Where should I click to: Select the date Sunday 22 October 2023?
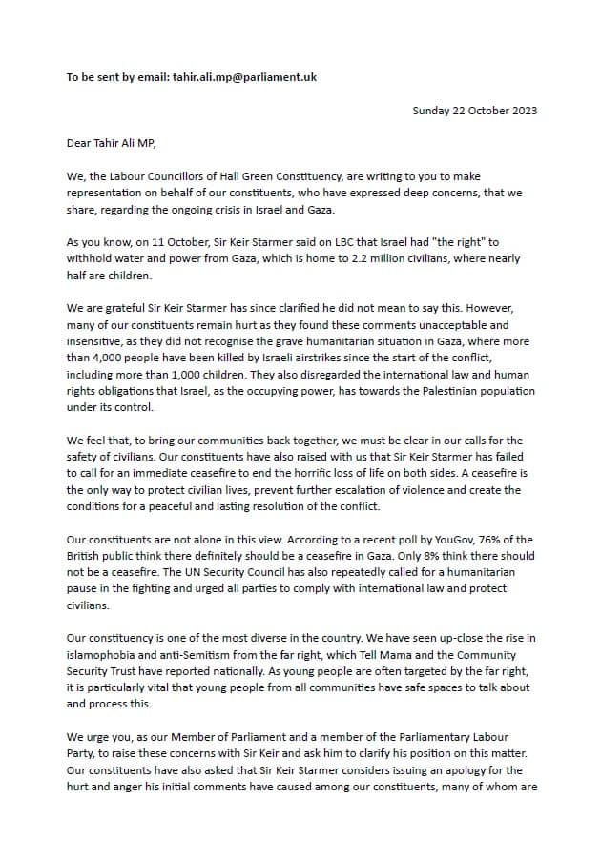tap(474, 111)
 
